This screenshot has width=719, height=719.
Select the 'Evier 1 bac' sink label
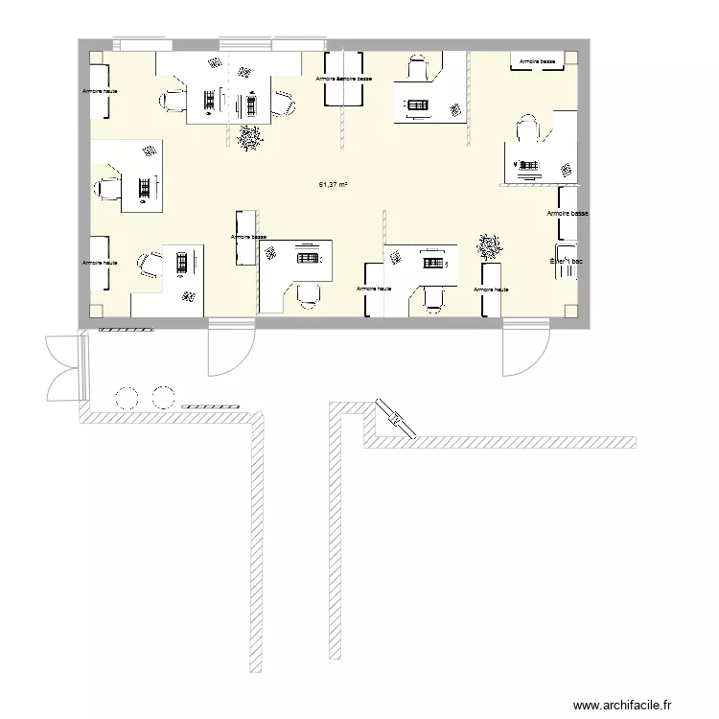[x=566, y=260]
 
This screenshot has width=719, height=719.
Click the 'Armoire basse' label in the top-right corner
[x=537, y=61]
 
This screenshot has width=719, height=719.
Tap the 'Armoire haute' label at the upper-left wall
[x=100, y=91]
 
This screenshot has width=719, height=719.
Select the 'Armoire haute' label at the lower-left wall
[x=100, y=262]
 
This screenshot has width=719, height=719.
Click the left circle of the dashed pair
[x=126, y=396]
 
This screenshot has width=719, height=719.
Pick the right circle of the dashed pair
[x=163, y=396]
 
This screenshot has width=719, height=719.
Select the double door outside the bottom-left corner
[x=62, y=366]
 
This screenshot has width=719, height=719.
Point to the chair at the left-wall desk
[x=106, y=188]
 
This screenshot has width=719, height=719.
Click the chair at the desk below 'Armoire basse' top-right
[x=528, y=129]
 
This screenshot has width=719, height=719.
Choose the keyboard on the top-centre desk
[x=418, y=104]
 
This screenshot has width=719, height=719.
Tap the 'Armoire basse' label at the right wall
[x=567, y=214]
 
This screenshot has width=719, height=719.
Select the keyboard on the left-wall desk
[x=145, y=188]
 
